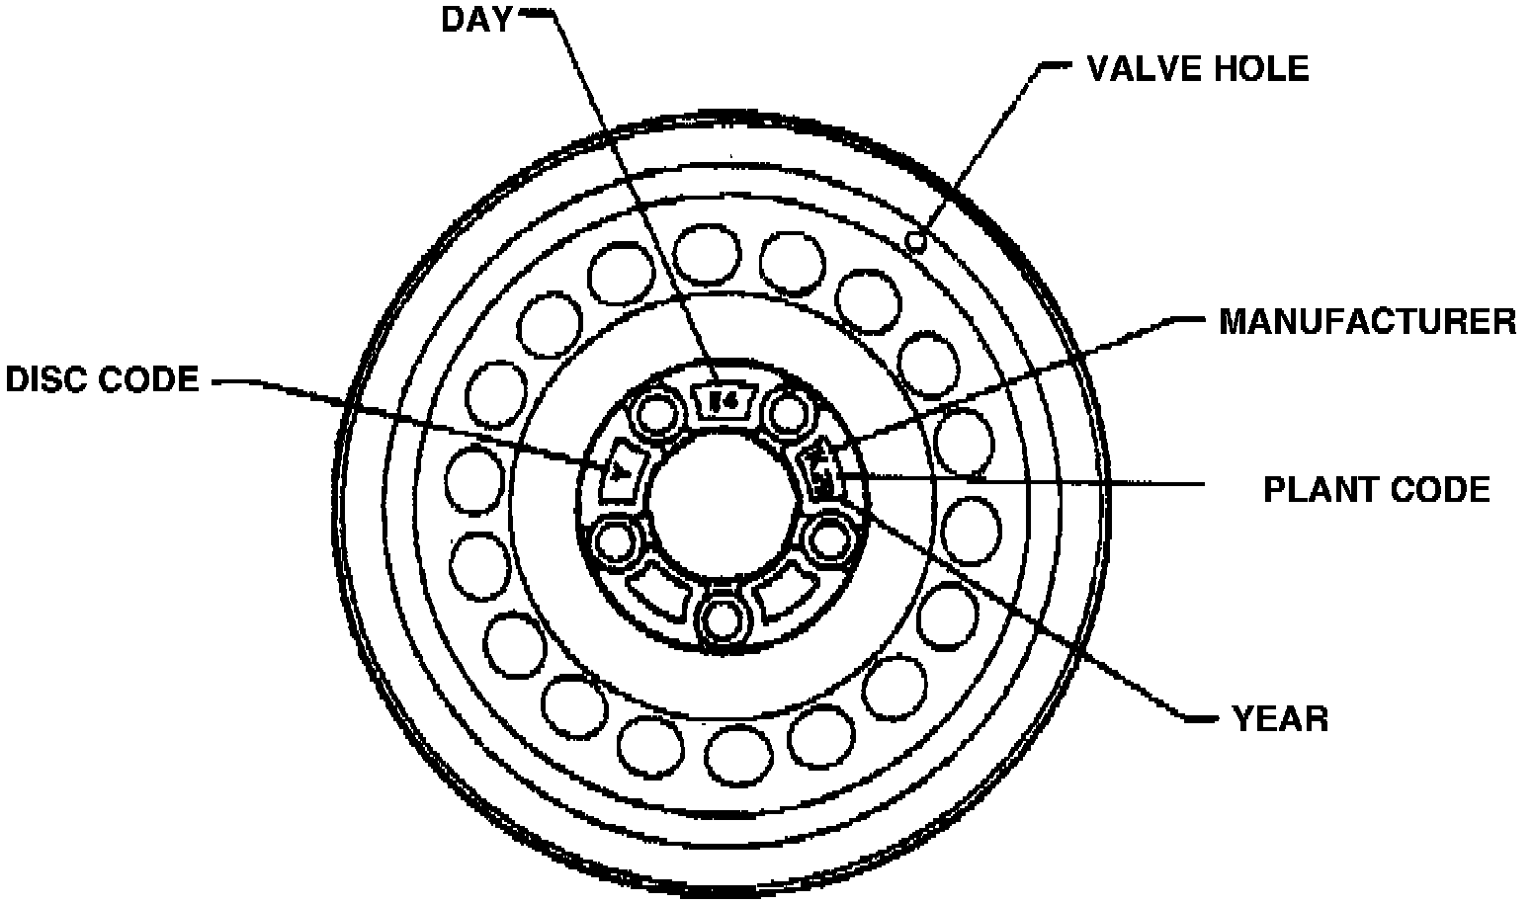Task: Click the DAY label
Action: (476, 20)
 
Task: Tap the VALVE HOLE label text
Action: (1197, 68)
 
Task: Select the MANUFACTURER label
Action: (1367, 322)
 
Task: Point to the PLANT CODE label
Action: (1376, 489)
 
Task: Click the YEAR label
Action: (1280, 718)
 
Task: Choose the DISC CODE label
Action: (103, 379)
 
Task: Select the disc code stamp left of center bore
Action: (621, 469)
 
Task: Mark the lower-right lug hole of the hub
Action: (828, 539)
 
